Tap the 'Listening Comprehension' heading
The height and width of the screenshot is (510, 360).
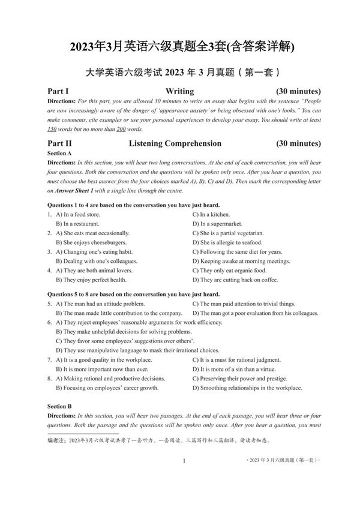click(175, 143)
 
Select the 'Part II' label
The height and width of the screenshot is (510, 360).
click(59, 143)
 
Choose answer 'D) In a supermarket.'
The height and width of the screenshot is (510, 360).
click(220, 224)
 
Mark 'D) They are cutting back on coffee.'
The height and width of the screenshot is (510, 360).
click(238, 280)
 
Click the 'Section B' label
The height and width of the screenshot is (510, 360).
click(59, 406)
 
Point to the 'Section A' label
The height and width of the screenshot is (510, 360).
click(59, 154)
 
